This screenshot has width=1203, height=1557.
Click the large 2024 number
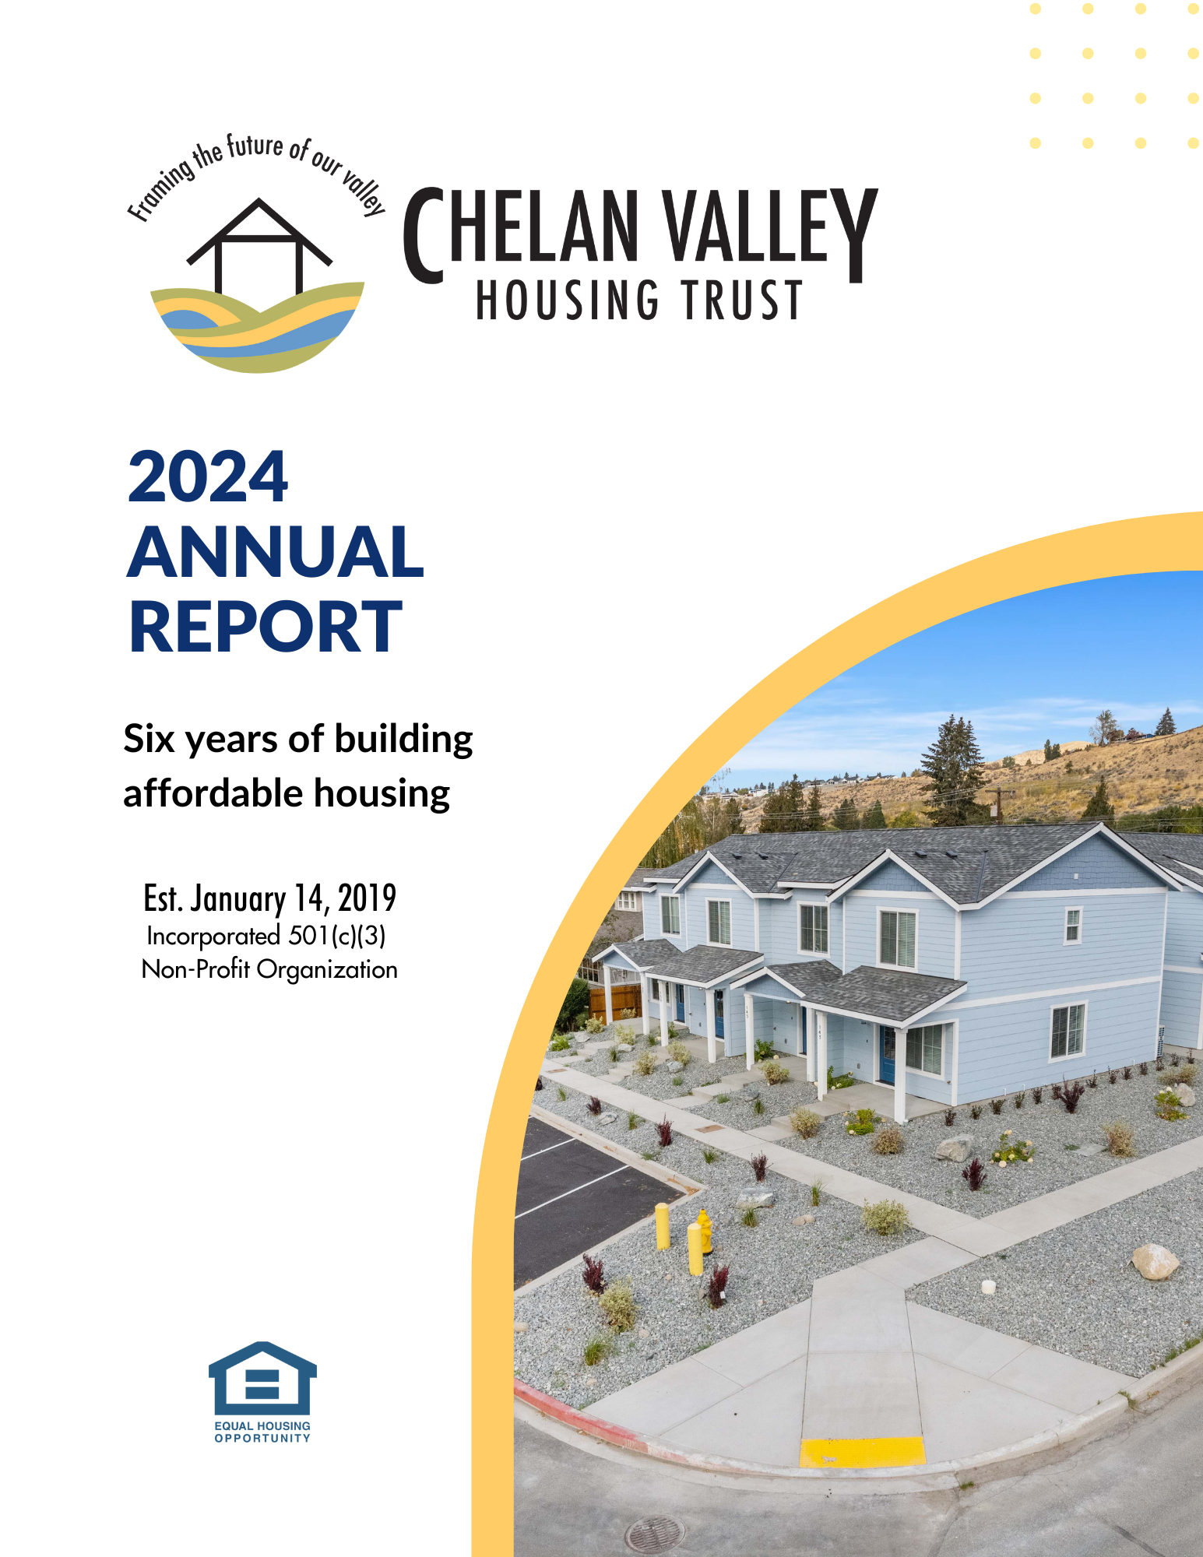click(208, 477)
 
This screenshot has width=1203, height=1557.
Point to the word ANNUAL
click(276, 552)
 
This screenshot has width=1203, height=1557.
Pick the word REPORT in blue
click(265, 627)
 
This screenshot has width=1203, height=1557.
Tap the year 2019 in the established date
click(367, 898)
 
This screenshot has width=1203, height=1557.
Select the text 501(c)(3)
click(337, 936)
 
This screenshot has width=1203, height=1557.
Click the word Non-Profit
click(196, 970)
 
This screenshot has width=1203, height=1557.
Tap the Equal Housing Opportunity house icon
click(262, 1378)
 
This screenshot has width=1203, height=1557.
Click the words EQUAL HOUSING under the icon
click(262, 1426)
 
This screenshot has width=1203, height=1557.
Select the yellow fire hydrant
click(704, 1231)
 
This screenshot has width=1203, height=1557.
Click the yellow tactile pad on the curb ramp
click(863, 1453)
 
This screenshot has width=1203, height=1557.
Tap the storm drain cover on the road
click(656, 1534)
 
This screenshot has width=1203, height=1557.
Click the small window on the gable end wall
click(1073, 926)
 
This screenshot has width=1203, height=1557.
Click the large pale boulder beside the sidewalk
click(1154, 1262)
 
